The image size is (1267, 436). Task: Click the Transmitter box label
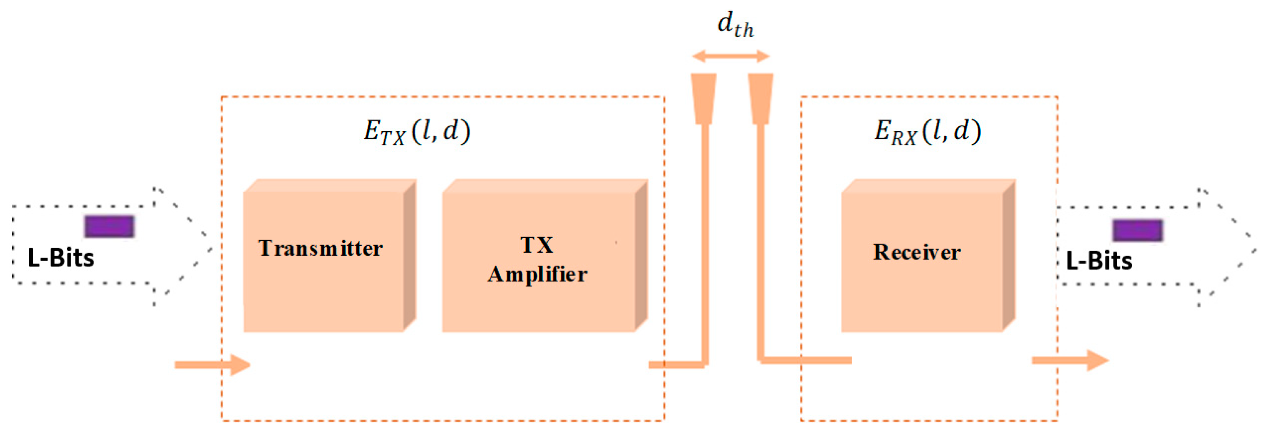320,248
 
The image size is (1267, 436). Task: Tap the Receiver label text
916,252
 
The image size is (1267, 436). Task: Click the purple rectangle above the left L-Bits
109,227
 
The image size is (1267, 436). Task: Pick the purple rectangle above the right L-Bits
1137,230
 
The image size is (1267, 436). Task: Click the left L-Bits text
61,258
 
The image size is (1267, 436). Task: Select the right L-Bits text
1099,261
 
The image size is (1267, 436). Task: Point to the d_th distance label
735,24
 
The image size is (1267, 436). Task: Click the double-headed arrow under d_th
730,56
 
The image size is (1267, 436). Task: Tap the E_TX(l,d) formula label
417,132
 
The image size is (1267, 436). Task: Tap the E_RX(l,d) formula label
927,132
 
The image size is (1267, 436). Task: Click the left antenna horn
703,98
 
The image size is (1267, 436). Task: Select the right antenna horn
761,98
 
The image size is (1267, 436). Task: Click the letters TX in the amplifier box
537,245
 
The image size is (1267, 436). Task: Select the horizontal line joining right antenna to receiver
807,360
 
